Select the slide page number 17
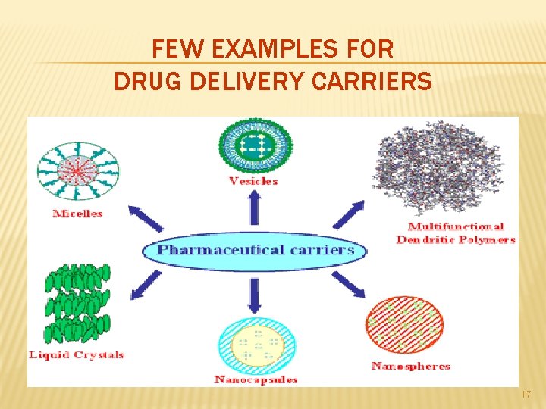click(527, 395)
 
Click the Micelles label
click(77, 214)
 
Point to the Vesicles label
click(253, 181)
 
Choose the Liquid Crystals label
click(76, 354)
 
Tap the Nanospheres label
click(410, 366)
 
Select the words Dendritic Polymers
click(455, 239)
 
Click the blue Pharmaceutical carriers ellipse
click(254, 249)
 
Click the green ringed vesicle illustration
click(254, 145)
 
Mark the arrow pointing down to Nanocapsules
click(254, 296)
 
